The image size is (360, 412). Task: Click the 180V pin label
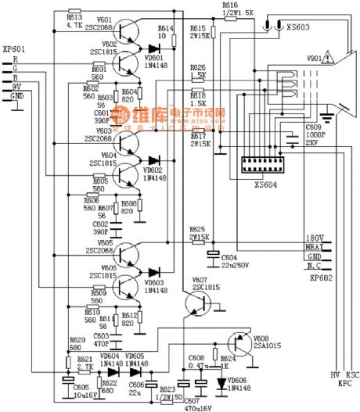315,238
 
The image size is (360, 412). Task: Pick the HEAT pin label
315,247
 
